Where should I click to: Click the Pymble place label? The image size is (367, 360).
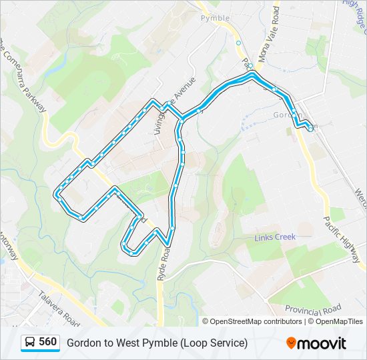[215, 18]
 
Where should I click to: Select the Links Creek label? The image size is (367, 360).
[274, 237]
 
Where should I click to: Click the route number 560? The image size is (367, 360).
[47, 342]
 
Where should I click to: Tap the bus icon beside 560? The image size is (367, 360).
[30, 343]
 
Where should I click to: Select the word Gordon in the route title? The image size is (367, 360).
[83, 343]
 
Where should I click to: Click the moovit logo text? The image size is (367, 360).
[322, 343]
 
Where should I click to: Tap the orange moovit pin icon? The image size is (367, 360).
[291, 343]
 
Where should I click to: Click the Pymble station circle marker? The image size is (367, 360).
[238, 43]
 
